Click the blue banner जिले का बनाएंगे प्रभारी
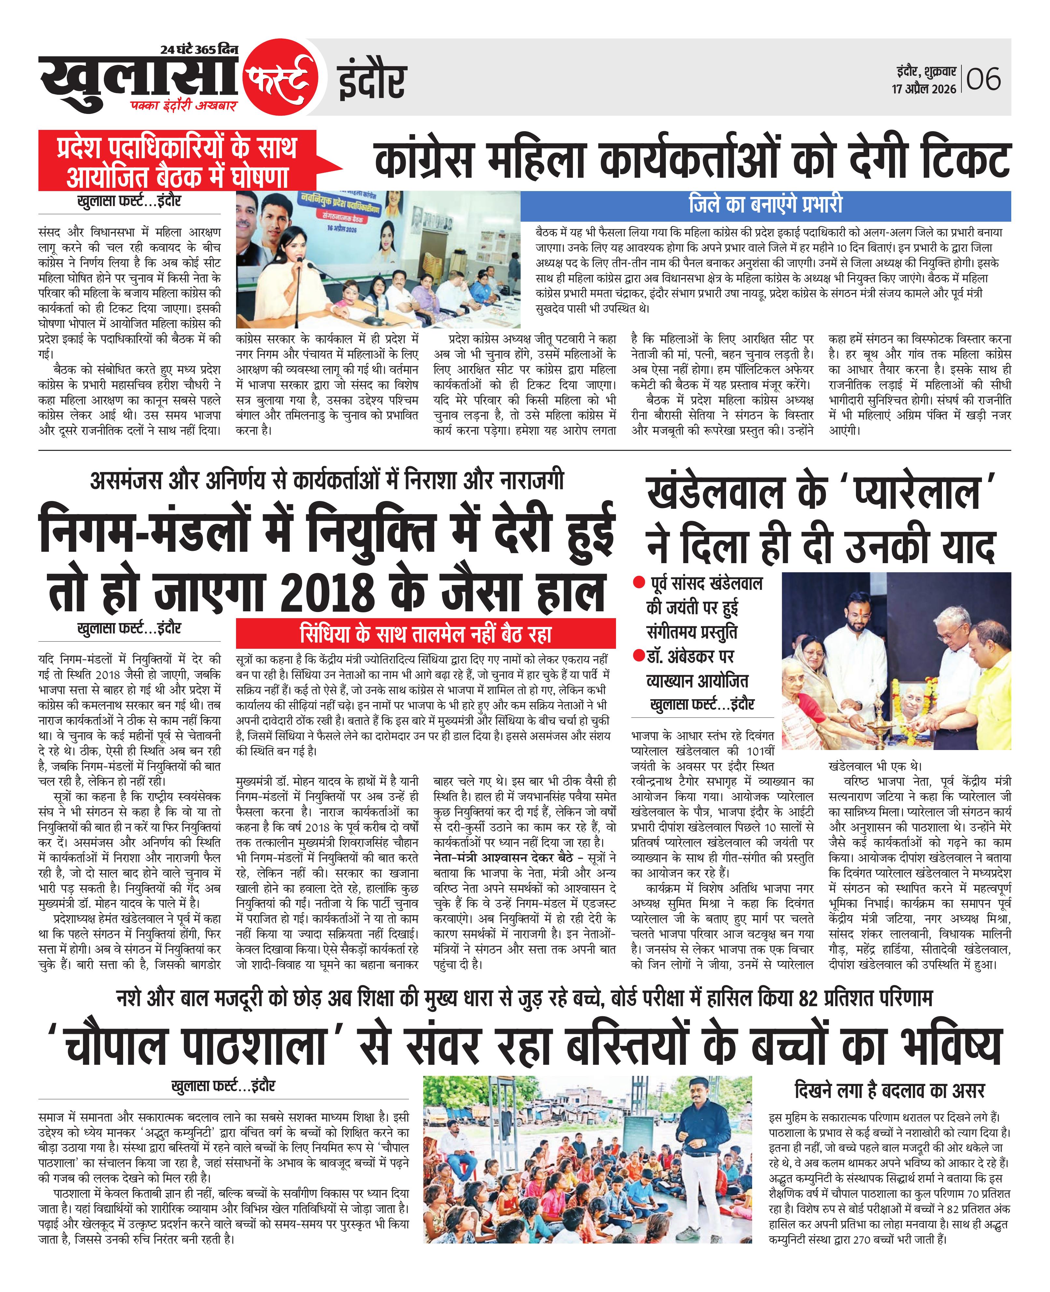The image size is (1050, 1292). [765, 205]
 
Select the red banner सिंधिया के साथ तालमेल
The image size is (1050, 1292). [425, 633]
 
